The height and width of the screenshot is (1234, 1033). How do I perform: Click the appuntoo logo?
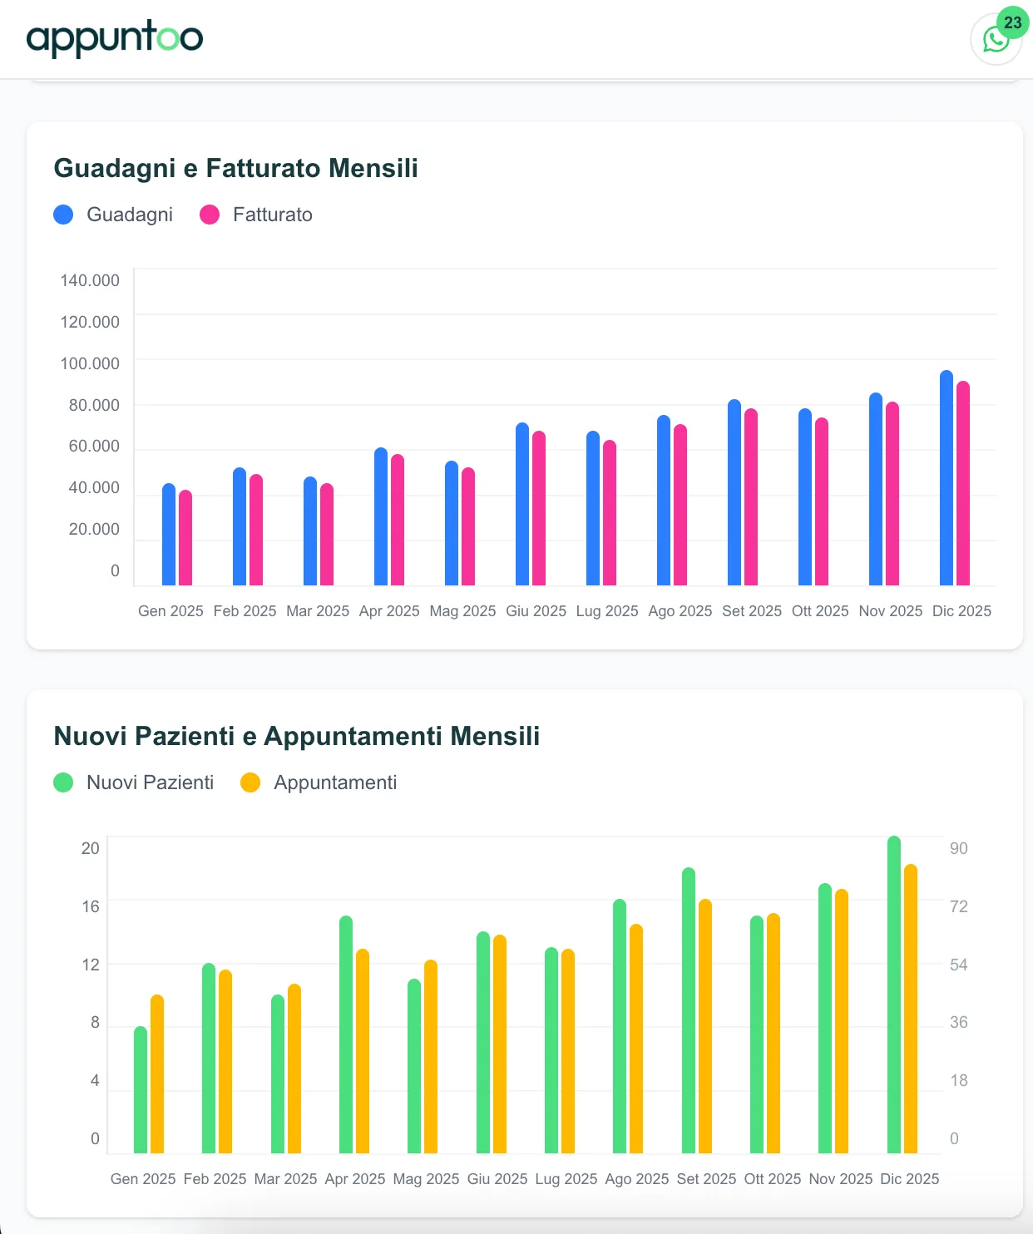click(115, 38)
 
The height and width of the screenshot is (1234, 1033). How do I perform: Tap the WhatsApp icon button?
click(995, 40)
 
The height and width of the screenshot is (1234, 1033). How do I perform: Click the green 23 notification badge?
click(1012, 22)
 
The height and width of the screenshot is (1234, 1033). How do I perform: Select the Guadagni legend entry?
click(113, 215)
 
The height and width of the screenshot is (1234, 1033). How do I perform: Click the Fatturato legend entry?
click(256, 215)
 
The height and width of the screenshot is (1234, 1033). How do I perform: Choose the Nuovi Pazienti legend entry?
click(133, 782)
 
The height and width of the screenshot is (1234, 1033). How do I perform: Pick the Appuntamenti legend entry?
click(319, 782)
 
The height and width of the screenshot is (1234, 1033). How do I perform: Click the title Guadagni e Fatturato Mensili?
click(235, 168)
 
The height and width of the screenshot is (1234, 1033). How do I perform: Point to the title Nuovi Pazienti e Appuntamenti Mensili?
click(296, 736)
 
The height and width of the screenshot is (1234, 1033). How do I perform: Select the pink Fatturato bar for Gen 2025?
click(185, 539)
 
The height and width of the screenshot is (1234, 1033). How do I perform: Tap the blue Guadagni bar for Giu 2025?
click(522, 506)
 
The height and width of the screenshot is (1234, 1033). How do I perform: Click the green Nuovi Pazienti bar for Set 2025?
click(689, 1011)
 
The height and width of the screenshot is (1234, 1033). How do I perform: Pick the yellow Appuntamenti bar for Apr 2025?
click(363, 1052)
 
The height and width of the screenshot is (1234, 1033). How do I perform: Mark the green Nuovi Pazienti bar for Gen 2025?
click(141, 1090)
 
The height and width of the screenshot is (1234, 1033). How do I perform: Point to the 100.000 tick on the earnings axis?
click(90, 363)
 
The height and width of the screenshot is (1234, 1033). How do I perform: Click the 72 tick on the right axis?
click(959, 906)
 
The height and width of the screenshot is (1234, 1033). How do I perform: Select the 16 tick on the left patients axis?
click(91, 906)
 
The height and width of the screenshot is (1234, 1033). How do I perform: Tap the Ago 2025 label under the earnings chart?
click(680, 611)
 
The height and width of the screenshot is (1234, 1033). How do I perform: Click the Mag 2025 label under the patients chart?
click(426, 1179)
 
